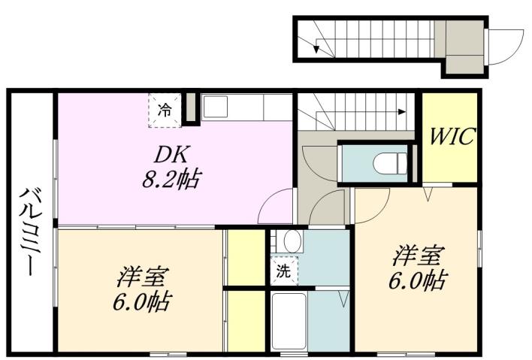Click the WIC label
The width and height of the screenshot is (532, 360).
click(x=452, y=138)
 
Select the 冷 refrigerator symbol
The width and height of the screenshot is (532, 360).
click(x=164, y=108)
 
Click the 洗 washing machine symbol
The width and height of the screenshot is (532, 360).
click(x=283, y=271)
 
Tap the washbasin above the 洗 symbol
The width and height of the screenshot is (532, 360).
click(x=289, y=241)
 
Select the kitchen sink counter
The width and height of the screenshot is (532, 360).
click(x=245, y=107)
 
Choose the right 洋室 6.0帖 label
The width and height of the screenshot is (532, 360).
click(x=418, y=268)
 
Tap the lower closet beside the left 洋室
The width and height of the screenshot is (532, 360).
click(x=243, y=319)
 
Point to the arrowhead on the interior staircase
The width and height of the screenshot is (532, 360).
click(x=403, y=112)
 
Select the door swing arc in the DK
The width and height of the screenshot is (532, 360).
click(x=276, y=204)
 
